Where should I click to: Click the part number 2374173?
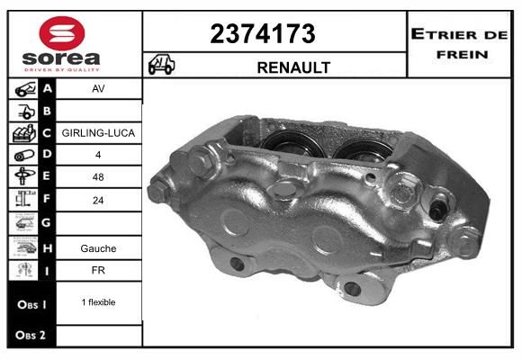click(263, 33)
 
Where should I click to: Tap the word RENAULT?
click(293, 67)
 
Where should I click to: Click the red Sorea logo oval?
click(62, 33)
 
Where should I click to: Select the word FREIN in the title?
click(463, 55)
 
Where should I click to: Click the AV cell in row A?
click(98, 88)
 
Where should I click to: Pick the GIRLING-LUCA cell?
click(98, 133)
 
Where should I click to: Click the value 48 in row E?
click(98, 176)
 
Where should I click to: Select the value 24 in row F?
click(98, 200)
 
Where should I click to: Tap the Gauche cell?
click(98, 248)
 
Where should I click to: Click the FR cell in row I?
click(98, 270)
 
